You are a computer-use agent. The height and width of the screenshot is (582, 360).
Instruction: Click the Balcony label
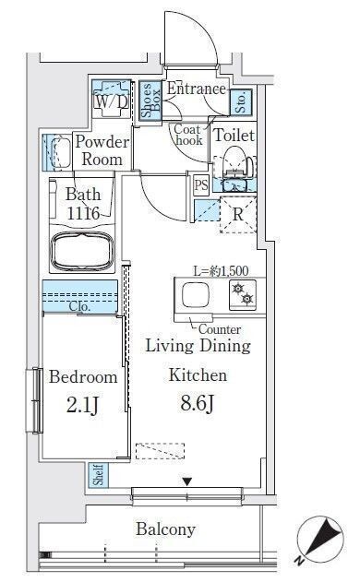click(x=166, y=529)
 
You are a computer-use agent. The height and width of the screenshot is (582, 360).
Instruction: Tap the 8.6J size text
click(x=198, y=403)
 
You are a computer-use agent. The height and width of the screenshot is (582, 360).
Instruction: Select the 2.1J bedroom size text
click(x=82, y=405)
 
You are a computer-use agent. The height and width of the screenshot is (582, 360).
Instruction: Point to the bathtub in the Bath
click(x=82, y=251)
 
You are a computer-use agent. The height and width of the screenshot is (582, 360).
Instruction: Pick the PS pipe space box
click(x=201, y=184)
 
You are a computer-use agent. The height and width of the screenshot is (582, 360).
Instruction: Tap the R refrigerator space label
click(x=238, y=214)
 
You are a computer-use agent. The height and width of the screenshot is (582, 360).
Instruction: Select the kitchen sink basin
click(x=195, y=295)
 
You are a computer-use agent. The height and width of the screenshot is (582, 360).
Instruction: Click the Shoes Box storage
click(x=150, y=101)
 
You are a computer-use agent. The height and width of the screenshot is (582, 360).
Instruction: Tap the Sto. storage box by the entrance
click(x=241, y=101)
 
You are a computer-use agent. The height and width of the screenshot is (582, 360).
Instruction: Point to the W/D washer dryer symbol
click(x=111, y=99)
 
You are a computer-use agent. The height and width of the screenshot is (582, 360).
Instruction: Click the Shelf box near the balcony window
click(x=99, y=475)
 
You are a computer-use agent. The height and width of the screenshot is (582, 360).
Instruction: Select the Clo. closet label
click(x=80, y=306)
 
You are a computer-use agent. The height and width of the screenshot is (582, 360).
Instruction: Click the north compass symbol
click(x=320, y=538)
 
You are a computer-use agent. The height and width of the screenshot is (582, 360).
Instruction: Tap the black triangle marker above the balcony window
click(x=187, y=481)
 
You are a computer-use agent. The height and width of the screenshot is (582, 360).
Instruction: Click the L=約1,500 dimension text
click(x=221, y=271)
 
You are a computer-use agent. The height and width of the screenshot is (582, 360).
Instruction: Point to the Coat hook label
click(x=188, y=135)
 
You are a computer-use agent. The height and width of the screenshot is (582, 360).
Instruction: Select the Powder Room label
click(x=102, y=150)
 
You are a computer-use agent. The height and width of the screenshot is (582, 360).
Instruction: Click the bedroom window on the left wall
click(x=36, y=400)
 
